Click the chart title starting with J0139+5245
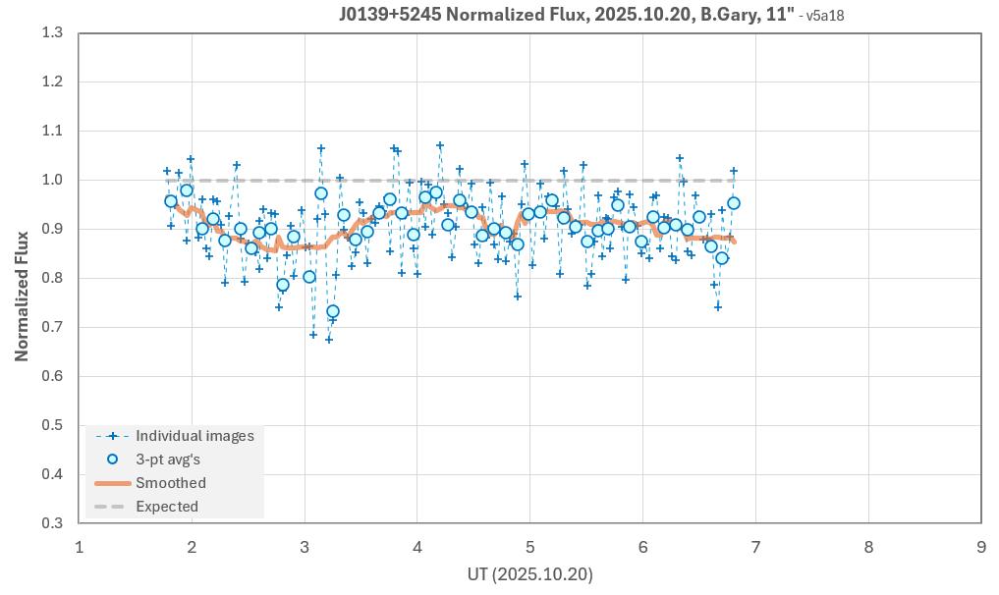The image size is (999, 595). point(567,15)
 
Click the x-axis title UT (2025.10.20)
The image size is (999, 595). point(530,574)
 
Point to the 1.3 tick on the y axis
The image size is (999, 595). point(52,33)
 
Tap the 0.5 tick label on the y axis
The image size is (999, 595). point(52,425)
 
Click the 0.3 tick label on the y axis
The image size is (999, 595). point(52,523)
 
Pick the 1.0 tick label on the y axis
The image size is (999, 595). point(52,180)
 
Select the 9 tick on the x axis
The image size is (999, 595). point(981,546)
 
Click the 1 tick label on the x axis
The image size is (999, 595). point(80,546)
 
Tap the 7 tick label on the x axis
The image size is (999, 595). point(755,546)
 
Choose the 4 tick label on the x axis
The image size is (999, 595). point(417,546)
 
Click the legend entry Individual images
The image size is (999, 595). point(194,436)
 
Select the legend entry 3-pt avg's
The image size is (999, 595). point(168,460)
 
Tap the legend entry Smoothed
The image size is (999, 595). point(171,483)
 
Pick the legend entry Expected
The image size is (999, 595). point(167,507)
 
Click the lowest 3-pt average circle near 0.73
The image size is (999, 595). point(333,311)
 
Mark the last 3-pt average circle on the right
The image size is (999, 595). point(733,203)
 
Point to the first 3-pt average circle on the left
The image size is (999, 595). point(171,201)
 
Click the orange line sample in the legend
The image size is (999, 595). point(112,483)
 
